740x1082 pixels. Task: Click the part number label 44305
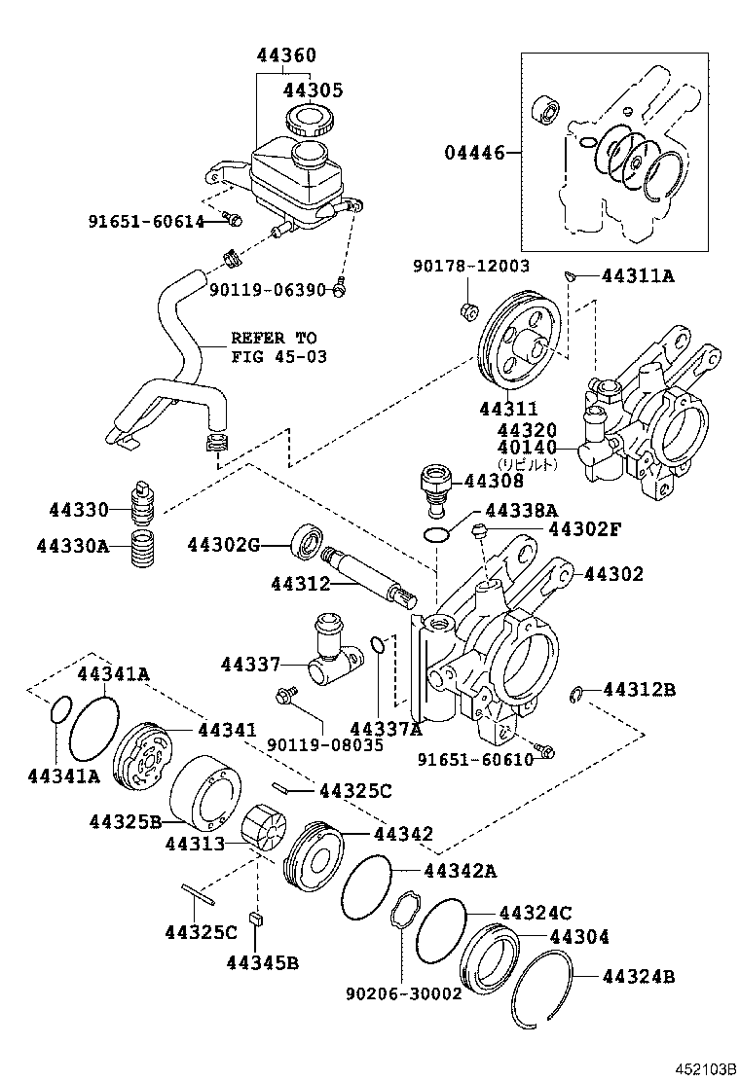(313, 90)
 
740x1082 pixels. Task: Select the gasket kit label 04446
(475, 153)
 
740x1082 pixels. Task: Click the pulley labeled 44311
(522, 344)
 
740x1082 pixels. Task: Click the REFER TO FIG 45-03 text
(274, 347)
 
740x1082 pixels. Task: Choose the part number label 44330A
(73, 546)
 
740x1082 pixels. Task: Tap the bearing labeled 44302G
(310, 541)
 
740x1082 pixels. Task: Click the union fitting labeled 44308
(434, 484)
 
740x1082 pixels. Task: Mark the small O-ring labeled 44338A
(439, 533)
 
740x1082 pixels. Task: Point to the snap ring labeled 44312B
(577, 693)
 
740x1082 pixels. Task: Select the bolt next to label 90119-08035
(286, 695)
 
